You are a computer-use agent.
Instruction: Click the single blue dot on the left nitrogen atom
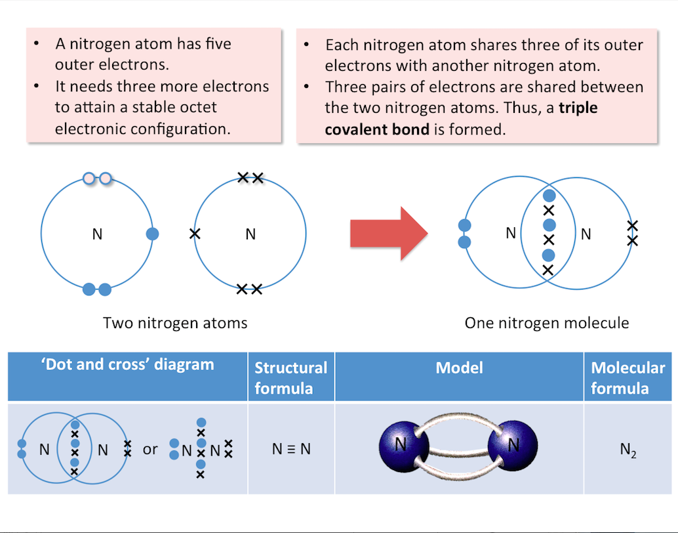152,234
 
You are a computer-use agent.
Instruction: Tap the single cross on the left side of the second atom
195,233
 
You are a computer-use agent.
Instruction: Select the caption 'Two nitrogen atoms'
175,323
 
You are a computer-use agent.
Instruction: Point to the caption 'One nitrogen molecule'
547,323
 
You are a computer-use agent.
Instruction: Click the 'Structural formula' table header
290,377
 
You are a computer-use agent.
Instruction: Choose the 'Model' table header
459,368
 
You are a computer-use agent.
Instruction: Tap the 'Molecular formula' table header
628,377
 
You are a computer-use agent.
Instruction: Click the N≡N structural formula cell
291,449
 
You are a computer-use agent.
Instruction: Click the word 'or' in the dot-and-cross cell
150,450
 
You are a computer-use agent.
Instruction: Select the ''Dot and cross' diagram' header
128,365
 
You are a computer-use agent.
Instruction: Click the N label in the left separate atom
97,234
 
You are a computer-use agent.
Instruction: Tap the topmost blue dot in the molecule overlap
549,196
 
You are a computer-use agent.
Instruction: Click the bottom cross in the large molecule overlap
549,270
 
